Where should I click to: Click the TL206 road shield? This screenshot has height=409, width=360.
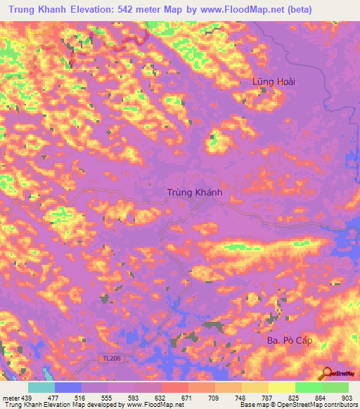point(106,359)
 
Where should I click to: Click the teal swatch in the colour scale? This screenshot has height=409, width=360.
point(41,387)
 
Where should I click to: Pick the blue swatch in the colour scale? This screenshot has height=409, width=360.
point(68,387)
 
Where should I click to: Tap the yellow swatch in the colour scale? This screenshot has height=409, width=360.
point(282,387)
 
